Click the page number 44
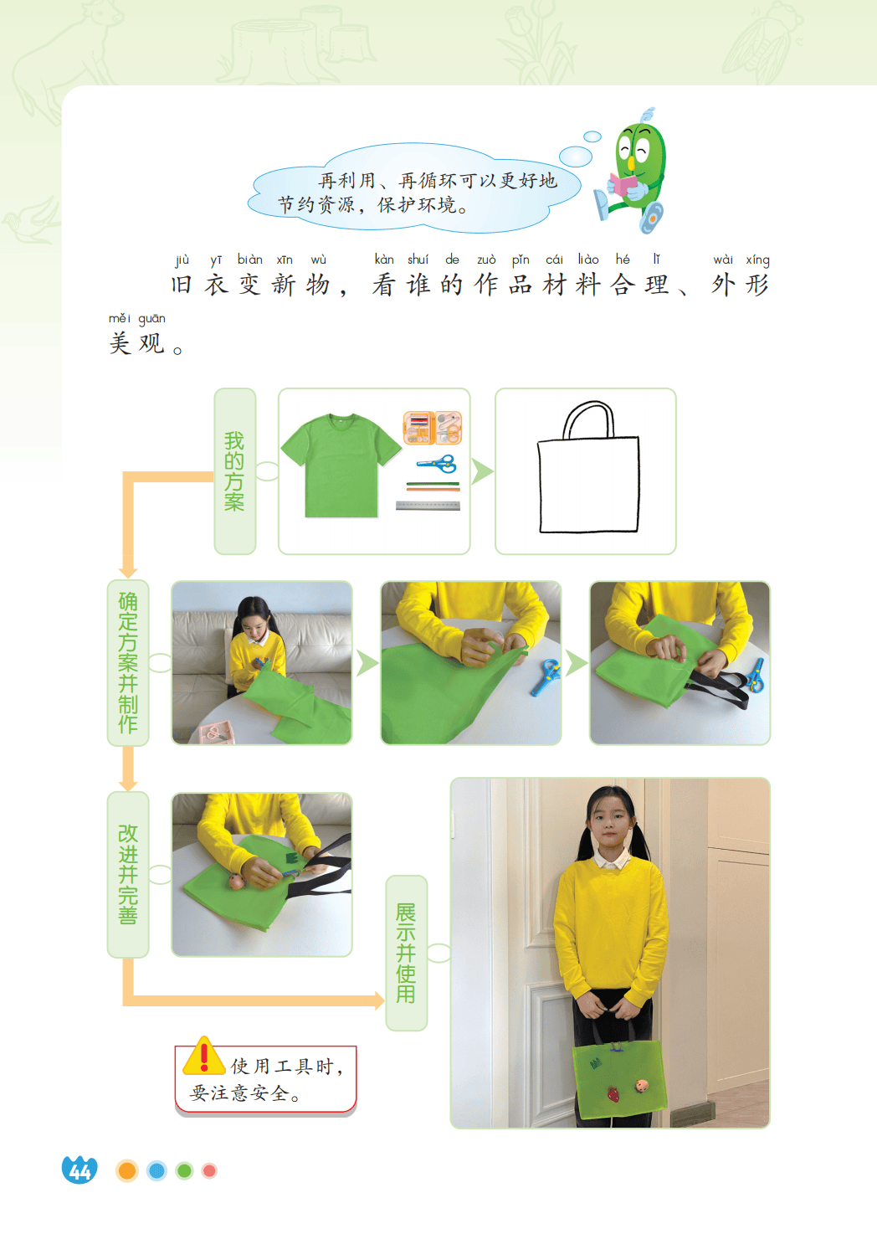coord(79,1170)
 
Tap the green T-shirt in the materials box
coord(341,465)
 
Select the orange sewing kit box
coord(433,428)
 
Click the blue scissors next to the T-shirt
coord(437,463)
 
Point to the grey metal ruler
coord(428,506)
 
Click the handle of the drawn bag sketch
coord(588,419)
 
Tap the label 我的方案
coord(234,471)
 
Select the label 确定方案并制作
coord(128,663)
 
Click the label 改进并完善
coord(128,874)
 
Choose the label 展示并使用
coord(407,953)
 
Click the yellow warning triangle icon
coord(203,1056)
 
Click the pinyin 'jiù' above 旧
coord(182,260)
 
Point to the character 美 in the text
coord(120,344)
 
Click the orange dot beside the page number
coord(127,1170)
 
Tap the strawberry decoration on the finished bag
coord(613,1093)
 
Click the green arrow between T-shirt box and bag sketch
coord(482,471)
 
